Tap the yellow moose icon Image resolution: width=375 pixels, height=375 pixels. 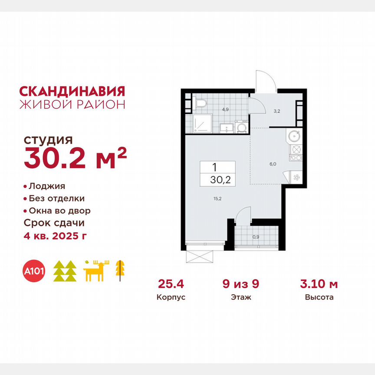(x=96, y=272)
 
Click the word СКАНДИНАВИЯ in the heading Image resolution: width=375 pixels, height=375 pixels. (x=72, y=91)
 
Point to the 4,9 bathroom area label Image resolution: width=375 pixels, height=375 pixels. (x=225, y=109)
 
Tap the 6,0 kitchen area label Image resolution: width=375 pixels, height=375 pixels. (x=272, y=164)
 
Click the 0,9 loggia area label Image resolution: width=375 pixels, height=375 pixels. (x=256, y=237)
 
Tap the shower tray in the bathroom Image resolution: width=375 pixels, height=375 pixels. (x=201, y=123)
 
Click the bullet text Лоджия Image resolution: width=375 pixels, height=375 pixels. (x=47, y=186)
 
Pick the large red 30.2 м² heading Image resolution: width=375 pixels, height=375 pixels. (x=75, y=158)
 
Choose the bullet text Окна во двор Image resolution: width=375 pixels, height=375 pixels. (x=59, y=211)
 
